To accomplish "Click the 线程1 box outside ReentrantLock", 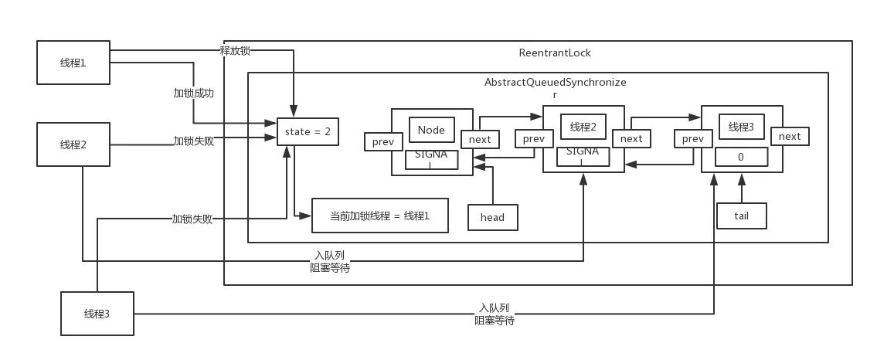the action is [x=73, y=63].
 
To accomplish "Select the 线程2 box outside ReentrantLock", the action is [x=73, y=144].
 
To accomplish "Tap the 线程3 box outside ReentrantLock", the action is [x=97, y=314].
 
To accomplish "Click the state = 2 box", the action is [x=308, y=132].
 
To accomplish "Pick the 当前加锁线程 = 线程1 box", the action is [x=379, y=216].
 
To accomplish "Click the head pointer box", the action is [x=493, y=217].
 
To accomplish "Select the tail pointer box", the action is [x=742, y=216].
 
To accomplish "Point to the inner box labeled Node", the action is [x=431, y=131].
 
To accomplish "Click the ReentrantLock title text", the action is [x=555, y=53].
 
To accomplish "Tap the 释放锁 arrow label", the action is [x=236, y=51].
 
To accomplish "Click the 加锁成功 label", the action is [x=193, y=93].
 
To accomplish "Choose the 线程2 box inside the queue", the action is [x=583, y=127].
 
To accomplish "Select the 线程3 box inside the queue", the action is [x=741, y=127].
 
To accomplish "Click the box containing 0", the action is [x=741, y=157].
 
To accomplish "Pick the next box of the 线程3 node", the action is [x=790, y=137].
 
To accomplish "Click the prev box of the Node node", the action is [x=383, y=141].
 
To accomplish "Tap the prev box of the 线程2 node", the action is [x=534, y=138].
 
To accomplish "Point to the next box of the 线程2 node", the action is [x=631, y=138].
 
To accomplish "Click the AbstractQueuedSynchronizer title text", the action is [x=556, y=88].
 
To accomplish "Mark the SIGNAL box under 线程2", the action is [x=583, y=157].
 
